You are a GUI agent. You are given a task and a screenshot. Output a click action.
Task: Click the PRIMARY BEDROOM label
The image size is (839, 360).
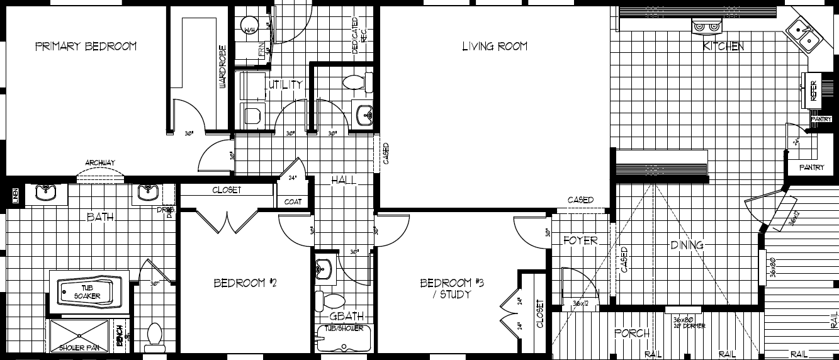pyautogui.click(x=86, y=47)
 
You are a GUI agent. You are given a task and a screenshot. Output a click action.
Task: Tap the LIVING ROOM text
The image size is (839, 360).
pyautogui.click(x=495, y=46)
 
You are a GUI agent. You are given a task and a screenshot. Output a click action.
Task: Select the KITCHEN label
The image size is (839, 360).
pyautogui.click(x=723, y=47)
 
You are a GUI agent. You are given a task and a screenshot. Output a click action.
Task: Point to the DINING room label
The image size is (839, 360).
pyautogui.click(x=686, y=245)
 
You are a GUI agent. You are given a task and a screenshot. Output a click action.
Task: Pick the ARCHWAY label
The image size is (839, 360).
pyautogui.click(x=101, y=163)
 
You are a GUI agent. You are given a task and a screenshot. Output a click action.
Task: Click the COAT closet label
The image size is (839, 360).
pyautogui.click(x=293, y=202)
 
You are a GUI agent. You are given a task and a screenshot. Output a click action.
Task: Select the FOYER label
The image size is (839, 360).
pyautogui.click(x=580, y=240)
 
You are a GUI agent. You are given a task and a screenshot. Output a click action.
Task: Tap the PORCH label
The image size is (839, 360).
pyautogui.click(x=631, y=333)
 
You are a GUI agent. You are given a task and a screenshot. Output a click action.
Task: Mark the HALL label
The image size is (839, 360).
pyautogui.click(x=344, y=181)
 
